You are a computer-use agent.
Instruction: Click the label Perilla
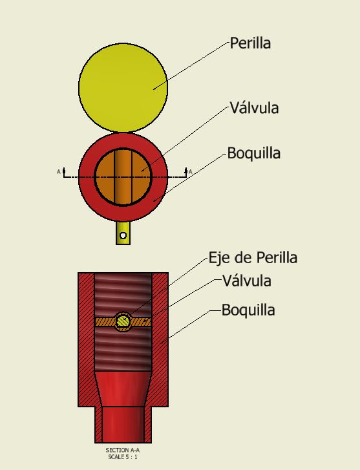point(250,43)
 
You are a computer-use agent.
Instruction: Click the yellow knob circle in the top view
point(123,87)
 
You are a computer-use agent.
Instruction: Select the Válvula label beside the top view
point(254,107)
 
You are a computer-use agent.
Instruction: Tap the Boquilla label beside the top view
point(254,153)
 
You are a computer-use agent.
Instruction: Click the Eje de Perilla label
point(253,258)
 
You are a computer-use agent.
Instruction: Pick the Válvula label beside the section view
point(247,281)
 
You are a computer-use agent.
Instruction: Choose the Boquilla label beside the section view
point(248,310)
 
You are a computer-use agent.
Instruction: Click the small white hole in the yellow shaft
point(123,235)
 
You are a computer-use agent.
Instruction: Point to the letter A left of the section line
point(59,172)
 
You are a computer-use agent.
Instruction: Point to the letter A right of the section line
point(190,172)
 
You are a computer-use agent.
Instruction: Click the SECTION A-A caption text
point(123,450)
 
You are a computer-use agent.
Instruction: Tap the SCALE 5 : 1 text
point(123,457)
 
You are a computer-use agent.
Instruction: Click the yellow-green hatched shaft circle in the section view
point(123,321)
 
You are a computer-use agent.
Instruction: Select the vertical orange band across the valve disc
point(123,177)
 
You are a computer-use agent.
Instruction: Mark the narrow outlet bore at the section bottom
point(123,425)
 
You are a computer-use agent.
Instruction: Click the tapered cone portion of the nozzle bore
point(123,389)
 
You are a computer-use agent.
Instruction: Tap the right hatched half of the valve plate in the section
point(141,322)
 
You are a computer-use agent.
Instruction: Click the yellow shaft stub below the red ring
point(123,233)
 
